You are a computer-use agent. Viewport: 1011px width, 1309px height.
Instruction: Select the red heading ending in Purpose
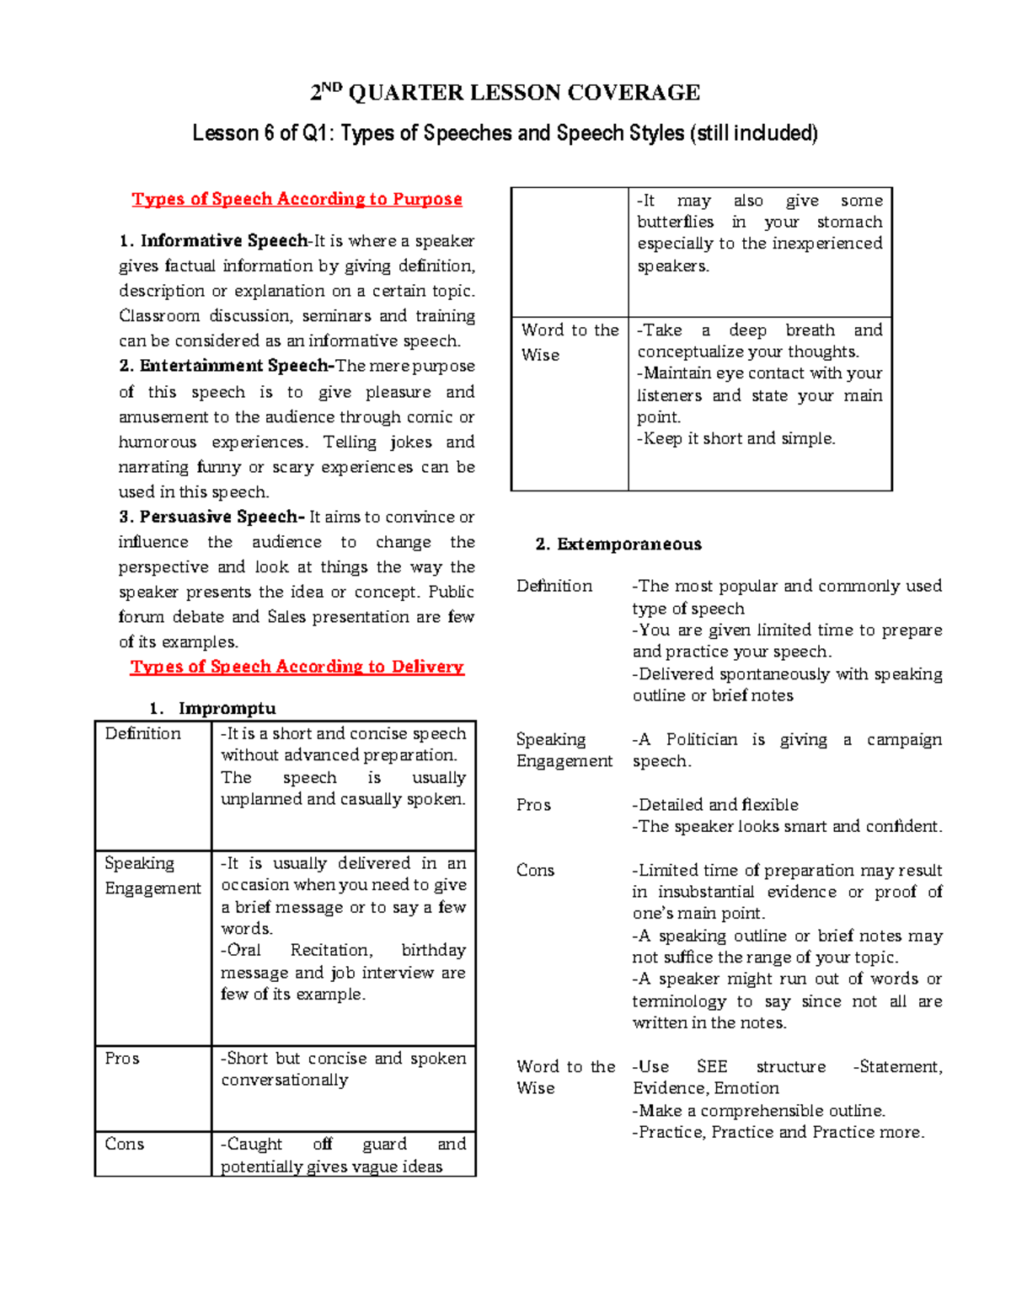[x=297, y=200]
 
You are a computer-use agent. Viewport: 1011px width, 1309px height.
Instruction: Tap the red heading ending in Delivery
[x=297, y=667]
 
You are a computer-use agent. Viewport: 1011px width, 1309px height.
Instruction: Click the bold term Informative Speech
[x=223, y=241]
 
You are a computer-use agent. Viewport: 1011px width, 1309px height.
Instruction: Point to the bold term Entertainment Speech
[x=236, y=366]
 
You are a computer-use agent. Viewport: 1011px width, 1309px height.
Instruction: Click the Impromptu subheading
[x=227, y=708]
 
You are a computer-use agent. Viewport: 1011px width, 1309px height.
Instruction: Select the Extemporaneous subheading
[x=629, y=545]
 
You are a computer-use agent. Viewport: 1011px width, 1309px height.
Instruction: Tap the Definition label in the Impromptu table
[x=142, y=734]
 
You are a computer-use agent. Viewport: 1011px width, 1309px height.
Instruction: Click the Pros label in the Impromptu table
[x=122, y=1059]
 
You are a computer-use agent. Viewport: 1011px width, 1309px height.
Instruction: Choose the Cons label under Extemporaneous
[x=535, y=871]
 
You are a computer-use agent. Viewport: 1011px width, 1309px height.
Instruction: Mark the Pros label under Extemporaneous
[x=533, y=805]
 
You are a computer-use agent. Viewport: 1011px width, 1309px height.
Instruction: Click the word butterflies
[x=675, y=223]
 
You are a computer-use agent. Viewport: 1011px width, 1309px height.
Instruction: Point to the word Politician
[x=703, y=740]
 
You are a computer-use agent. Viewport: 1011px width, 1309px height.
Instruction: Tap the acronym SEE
[x=711, y=1067]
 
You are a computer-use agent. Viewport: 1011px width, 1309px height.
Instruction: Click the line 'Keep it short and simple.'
[x=736, y=438]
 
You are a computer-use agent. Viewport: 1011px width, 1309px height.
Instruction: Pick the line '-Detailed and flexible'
[x=715, y=805]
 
